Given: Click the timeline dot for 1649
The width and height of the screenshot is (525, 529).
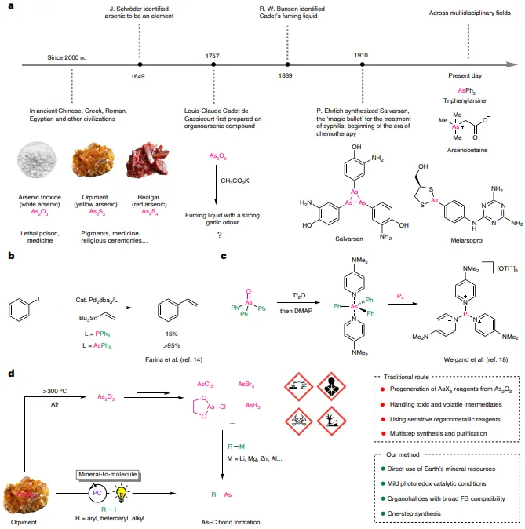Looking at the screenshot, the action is coord(140,64).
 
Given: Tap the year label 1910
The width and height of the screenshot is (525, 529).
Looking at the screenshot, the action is coord(361,55).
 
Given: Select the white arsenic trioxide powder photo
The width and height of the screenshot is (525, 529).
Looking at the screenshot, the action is coord(37,159).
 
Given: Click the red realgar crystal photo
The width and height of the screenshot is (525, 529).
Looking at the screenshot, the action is coord(147,160).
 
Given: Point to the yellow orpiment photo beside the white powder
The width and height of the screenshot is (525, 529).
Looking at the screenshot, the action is coord(93,159).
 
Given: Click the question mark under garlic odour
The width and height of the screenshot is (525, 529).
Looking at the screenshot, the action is coord(220,235).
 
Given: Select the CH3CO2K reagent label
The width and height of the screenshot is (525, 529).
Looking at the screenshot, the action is coord(235,181).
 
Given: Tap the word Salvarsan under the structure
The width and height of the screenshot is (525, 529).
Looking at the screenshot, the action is coord(349,239).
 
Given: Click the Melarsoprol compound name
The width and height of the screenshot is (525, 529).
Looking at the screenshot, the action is coord(467,240).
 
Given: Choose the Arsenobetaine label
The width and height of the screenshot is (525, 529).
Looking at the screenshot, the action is coord(467,150).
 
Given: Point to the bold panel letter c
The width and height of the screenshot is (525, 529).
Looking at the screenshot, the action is coord(224,256).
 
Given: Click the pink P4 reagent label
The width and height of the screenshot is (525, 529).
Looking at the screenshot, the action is coord(400,297).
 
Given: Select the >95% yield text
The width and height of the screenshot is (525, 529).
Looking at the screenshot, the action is coord(171,345).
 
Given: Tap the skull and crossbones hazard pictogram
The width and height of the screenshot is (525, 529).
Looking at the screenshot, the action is coord(299,421).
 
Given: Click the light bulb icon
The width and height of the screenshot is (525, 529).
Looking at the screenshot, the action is coord(121,493).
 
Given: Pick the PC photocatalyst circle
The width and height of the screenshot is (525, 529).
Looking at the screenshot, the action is coord(97,493).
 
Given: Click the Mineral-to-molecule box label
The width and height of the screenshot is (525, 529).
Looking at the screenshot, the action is coord(108,474).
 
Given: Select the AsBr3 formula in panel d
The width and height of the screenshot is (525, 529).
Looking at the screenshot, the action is coord(246,385).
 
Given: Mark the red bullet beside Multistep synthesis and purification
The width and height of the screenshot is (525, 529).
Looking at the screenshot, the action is coord(383,433).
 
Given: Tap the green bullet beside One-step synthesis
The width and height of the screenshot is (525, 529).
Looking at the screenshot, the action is coord(383,513).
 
